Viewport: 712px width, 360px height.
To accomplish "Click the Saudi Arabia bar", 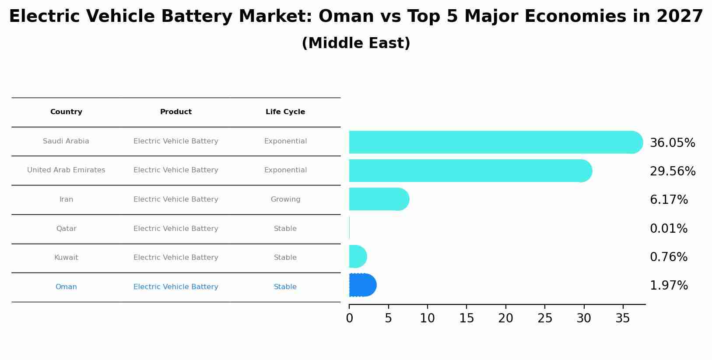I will click(x=495, y=142).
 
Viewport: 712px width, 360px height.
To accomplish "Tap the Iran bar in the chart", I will click(x=379, y=199).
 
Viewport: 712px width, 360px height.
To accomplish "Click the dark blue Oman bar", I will click(x=362, y=285).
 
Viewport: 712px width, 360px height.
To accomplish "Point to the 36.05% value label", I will click(x=672, y=143).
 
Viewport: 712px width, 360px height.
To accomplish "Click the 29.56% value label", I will click(x=672, y=171).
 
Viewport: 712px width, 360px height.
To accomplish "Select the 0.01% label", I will click(x=668, y=229).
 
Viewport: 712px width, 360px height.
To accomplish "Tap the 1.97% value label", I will click(x=668, y=286).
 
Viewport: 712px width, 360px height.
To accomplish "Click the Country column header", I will click(x=66, y=112).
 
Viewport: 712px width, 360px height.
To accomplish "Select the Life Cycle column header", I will click(x=285, y=112).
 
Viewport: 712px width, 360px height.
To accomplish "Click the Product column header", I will click(x=175, y=112).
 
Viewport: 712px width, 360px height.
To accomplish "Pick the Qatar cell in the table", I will click(x=66, y=229).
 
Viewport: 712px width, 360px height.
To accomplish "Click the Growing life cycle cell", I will click(x=285, y=199).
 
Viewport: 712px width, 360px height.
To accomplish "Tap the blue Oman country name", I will click(x=66, y=287).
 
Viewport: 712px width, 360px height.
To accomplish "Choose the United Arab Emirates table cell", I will click(x=66, y=170).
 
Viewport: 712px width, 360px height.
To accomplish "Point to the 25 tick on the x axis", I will click(x=545, y=318).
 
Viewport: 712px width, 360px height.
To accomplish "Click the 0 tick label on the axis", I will click(x=349, y=318).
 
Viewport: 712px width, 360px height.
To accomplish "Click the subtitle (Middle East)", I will click(x=356, y=43).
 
